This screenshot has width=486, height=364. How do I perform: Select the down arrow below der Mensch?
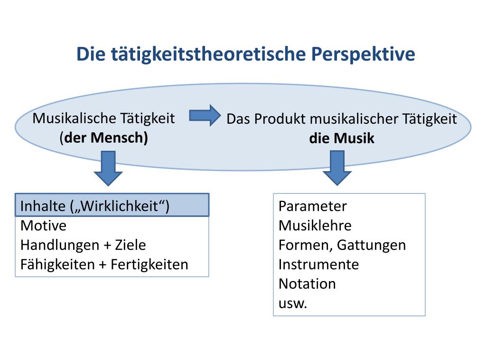pos(108,169)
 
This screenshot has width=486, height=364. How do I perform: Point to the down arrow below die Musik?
pos(337,168)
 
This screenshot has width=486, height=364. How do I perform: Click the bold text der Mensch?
pos(106,138)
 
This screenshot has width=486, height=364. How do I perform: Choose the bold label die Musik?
pos(342,138)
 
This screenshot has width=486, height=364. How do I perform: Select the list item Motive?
pos(43,226)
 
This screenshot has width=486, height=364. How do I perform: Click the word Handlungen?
pos(54,245)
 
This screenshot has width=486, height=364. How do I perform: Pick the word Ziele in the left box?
pos(130,245)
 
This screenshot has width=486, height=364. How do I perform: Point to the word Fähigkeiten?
pos(57,264)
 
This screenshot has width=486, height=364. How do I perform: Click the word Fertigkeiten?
pos(150,264)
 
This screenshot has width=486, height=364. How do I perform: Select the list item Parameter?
pos(312,207)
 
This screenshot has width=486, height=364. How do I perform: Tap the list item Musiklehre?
pos(315,226)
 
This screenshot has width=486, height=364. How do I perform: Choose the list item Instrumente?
pos(318,264)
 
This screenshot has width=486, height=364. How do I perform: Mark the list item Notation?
pos(307,284)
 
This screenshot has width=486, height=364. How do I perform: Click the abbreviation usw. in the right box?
pos(293,303)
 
